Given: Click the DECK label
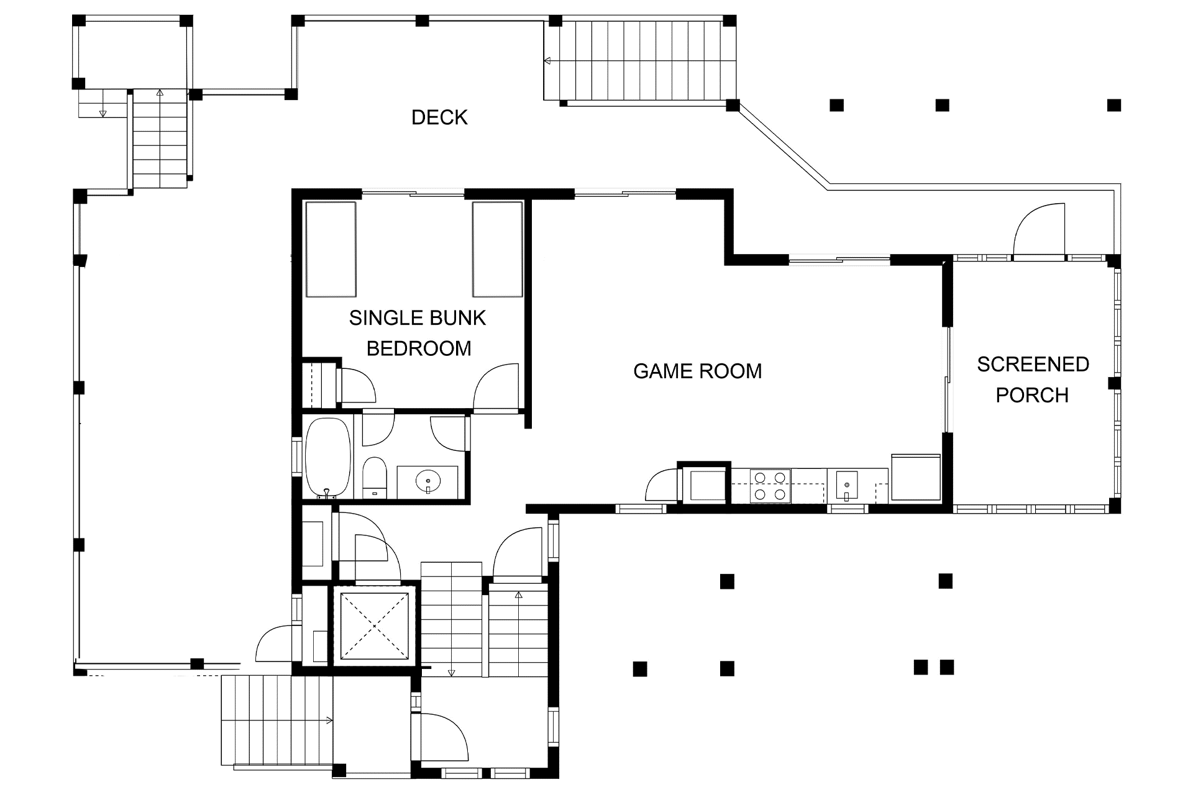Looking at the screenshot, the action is [x=439, y=117].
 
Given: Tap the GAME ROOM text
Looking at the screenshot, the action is [x=697, y=371].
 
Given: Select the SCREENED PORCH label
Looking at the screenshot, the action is [x=1033, y=379].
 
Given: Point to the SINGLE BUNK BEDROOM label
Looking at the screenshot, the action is [x=418, y=333].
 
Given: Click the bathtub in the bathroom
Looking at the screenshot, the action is [x=327, y=458].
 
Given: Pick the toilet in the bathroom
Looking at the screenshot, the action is [x=374, y=478].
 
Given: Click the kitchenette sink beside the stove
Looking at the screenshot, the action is [x=846, y=486].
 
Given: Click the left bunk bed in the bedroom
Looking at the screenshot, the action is [x=331, y=249].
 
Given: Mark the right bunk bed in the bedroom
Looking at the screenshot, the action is [x=497, y=249].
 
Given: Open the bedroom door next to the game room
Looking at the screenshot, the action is [x=496, y=387].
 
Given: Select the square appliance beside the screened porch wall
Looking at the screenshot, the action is [x=916, y=477].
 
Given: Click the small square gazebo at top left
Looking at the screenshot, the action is [x=132, y=52].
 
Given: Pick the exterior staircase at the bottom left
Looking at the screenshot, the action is [x=277, y=720].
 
